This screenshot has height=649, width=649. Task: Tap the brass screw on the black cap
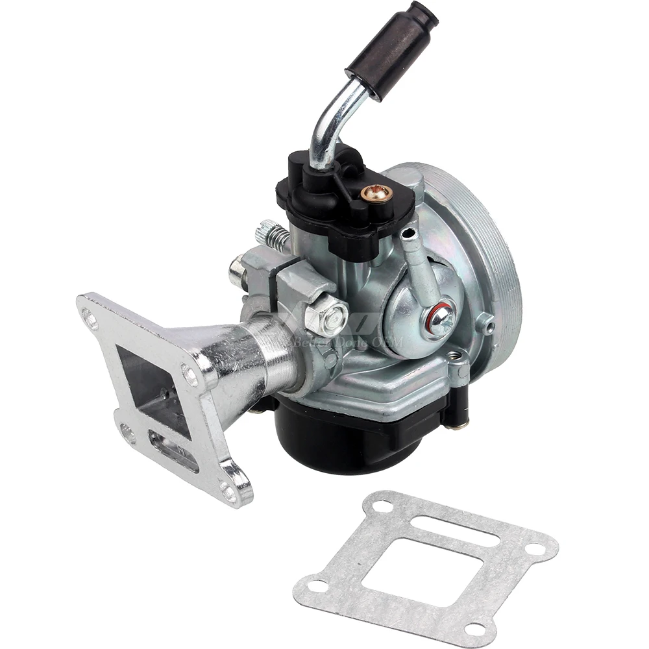374,192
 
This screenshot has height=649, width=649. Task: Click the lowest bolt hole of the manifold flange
228,492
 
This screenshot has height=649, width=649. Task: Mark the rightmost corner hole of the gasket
536,548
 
